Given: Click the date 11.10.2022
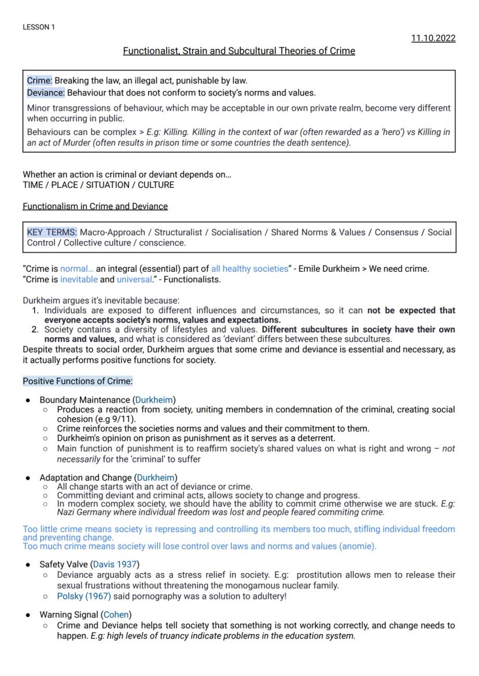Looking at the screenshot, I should [x=433, y=38].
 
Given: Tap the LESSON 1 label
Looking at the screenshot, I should [x=39, y=27].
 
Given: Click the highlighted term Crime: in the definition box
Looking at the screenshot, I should [x=39, y=80].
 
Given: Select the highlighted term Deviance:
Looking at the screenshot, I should [x=46, y=92].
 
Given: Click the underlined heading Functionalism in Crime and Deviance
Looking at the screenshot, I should [x=95, y=206].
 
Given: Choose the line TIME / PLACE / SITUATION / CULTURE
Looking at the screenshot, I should [x=98, y=185].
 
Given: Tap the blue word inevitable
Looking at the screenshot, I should [x=79, y=279].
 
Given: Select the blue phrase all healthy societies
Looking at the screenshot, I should [x=249, y=268].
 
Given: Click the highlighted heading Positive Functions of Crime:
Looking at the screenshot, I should [x=78, y=381].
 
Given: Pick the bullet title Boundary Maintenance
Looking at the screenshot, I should [x=84, y=400].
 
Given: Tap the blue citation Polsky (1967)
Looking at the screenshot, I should [x=83, y=596].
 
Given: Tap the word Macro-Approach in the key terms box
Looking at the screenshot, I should [x=112, y=232].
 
